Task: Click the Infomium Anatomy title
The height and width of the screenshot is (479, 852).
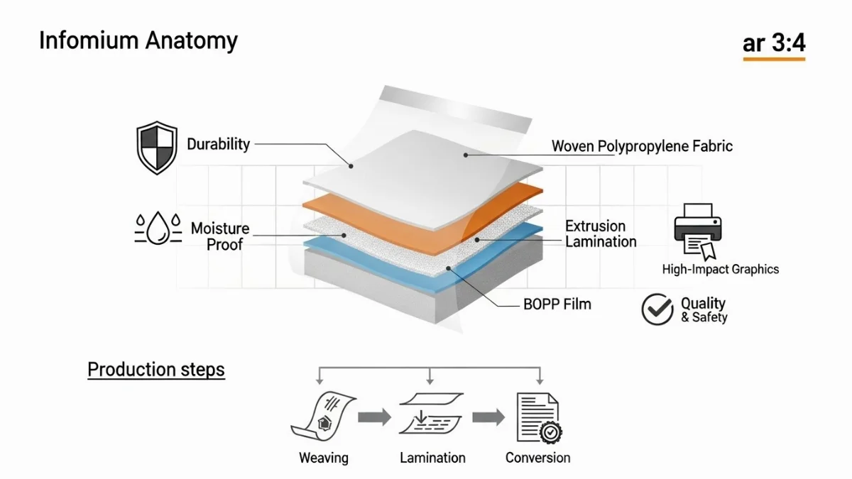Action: [138, 40]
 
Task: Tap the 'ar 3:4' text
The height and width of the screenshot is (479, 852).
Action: [774, 43]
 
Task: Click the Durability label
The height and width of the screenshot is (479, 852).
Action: [219, 144]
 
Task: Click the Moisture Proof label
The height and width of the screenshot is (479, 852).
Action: [220, 236]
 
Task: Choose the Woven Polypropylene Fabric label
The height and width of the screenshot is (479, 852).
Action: [642, 147]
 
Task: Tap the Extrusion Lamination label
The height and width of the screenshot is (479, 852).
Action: [601, 233]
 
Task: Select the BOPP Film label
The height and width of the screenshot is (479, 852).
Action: [557, 304]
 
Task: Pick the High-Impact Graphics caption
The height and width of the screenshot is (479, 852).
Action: [720, 269]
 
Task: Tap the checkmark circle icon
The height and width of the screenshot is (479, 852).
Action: [657, 309]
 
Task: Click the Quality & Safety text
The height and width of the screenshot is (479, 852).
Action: [704, 310]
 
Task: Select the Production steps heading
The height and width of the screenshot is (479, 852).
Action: [156, 370]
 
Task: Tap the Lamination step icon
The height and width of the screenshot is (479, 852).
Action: [431, 415]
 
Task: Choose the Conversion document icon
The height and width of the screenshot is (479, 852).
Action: [537, 418]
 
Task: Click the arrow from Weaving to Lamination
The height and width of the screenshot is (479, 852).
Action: [374, 417]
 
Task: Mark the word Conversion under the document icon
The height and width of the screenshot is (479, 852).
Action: [537, 458]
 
